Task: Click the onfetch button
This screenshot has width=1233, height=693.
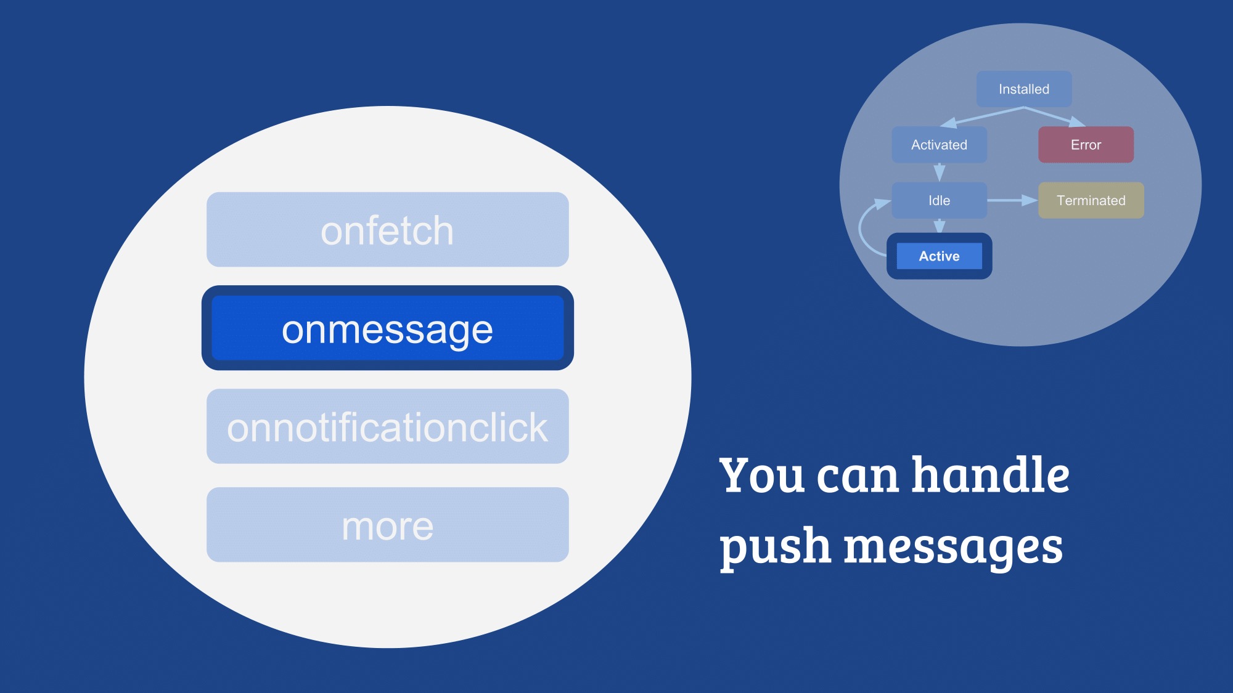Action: pyautogui.click(x=387, y=229)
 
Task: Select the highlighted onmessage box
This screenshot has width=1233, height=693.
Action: pyautogui.click(x=387, y=328)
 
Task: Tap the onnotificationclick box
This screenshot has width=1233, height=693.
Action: pyautogui.click(x=387, y=426)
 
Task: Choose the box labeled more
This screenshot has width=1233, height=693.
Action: pyautogui.click(x=387, y=525)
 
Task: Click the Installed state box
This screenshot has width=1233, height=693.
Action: pyautogui.click(x=1024, y=89)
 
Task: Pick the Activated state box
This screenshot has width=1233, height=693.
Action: pyautogui.click(x=939, y=145)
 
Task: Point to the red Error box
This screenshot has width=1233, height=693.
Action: pyautogui.click(x=1086, y=145)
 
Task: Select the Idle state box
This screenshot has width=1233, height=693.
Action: pyautogui.click(x=939, y=200)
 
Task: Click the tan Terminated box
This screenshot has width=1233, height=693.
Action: pyautogui.click(x=1091, y=200)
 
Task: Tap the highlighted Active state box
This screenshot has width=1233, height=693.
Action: pyautogui.click(x=939, y=256)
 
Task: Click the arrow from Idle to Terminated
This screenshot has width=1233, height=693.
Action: pyautogui.click(x=1012, y=200)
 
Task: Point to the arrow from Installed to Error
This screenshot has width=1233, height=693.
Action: pyautogui.click(x=1055, y=116)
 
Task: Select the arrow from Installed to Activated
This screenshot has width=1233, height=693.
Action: pyautogui.click(x=981, y=117)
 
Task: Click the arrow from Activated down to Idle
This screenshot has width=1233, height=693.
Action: pyautogui.click(x=940, y=172)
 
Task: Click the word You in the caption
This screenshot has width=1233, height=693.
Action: pyautogui.click(x=762, y=475)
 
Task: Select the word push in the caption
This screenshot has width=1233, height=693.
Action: pyautogui.click(x=776, y=547)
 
